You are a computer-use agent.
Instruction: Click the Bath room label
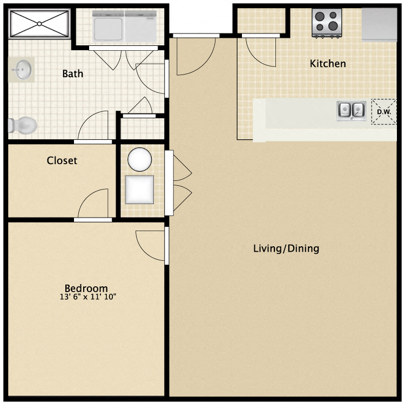[73, 73]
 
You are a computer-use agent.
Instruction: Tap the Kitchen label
[328, 64]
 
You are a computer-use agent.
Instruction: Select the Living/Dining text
[286, 249]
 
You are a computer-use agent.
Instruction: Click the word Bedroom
[86, 288]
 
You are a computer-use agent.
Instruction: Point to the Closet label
[62, 160]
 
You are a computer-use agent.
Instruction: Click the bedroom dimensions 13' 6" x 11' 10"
[89, 296]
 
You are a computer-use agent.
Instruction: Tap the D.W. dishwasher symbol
[383, 112]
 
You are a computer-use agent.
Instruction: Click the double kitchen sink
[352, 110]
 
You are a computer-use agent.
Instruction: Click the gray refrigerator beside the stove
[380, 24]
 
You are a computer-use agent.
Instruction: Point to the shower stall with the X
[39, 24]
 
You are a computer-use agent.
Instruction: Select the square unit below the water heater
[139, 189]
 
